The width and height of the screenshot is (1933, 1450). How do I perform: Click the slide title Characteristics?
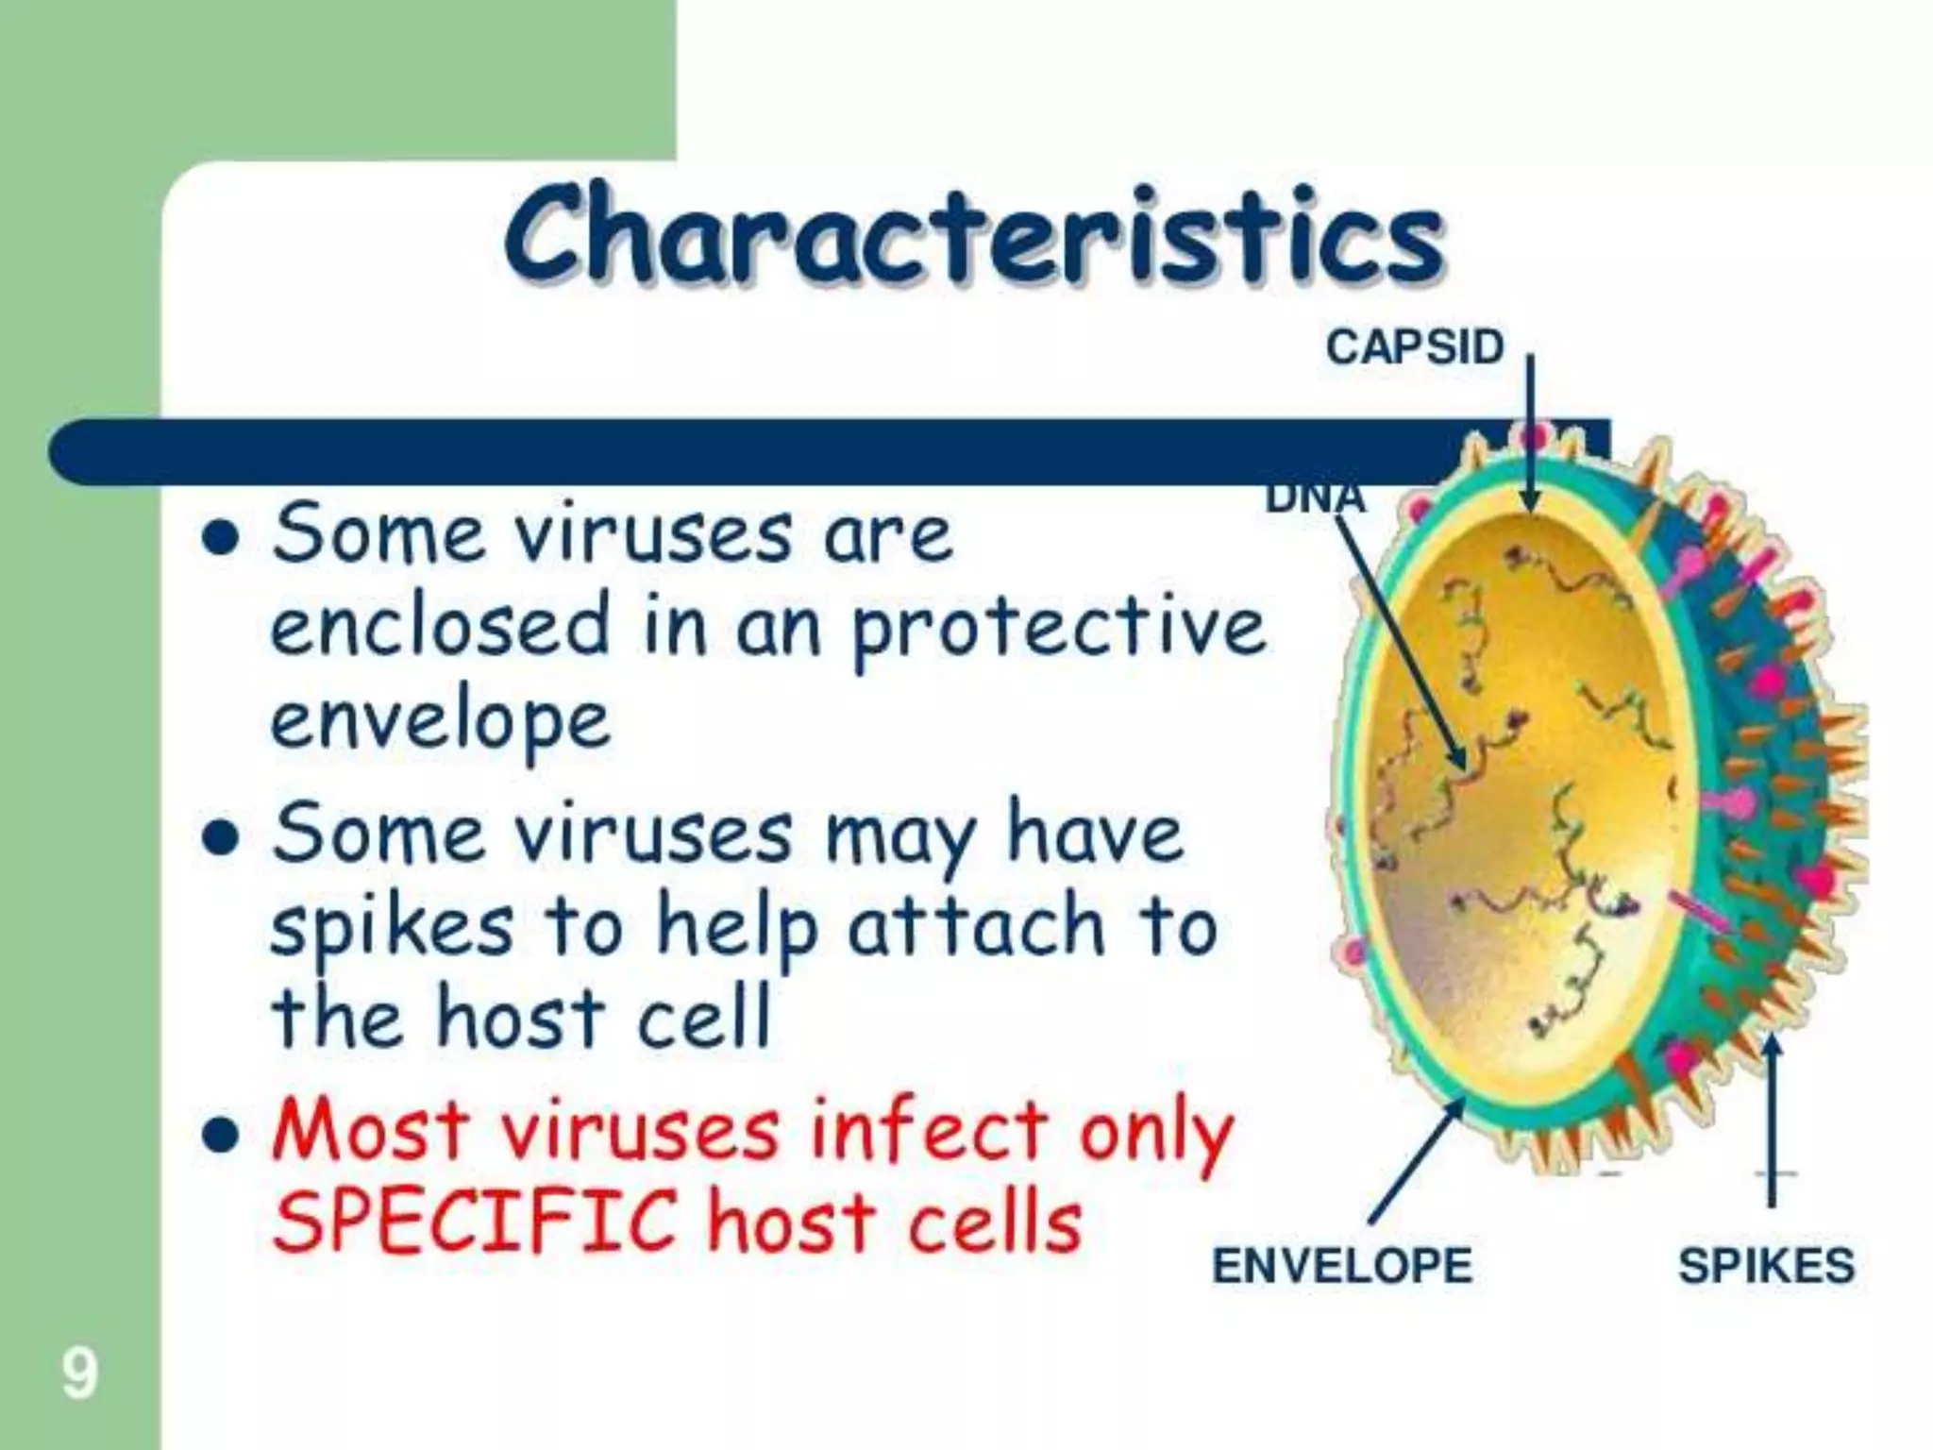(974, 236)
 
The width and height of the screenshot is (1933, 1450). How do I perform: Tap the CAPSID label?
(1414, 347)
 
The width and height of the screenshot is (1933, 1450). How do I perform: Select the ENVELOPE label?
(1341, 1266)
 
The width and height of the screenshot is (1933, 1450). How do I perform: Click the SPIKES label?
(1766, 1266)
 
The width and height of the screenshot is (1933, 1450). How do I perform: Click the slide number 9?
(79, 1374)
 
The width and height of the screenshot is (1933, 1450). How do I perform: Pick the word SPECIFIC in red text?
(475, 1222)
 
